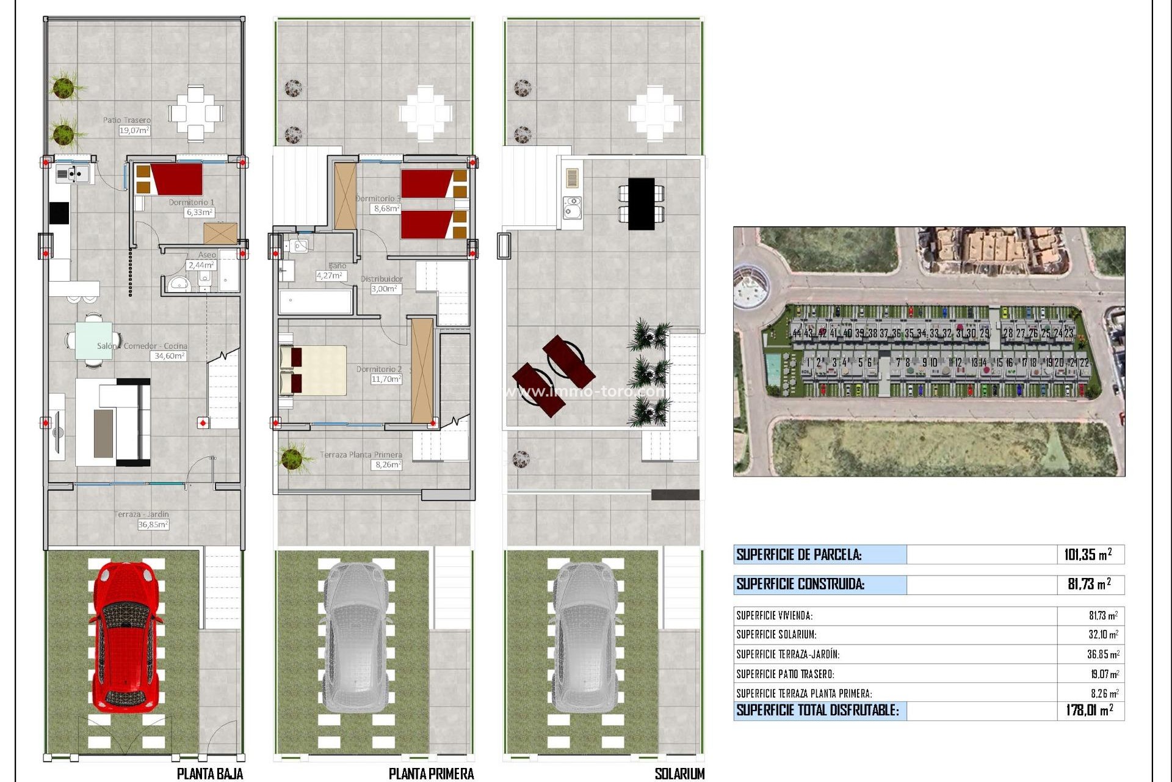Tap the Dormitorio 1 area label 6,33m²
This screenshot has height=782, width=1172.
(x=200, y=213)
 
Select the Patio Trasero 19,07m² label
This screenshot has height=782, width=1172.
(x=134, y=130)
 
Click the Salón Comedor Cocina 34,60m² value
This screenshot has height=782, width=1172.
(x=168, y=356)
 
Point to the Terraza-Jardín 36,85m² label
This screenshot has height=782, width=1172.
(x=153, y=524)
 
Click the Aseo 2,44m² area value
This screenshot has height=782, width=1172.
(x=201, y=265)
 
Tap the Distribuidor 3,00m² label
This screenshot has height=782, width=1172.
(x=386, y=289)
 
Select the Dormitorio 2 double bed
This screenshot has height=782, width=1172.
(x=313, y=370)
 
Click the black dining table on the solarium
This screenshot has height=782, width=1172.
(x=641, y=204)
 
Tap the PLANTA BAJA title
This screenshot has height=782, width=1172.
(x=209, y=774)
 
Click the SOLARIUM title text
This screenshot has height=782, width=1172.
(x=679, y=774)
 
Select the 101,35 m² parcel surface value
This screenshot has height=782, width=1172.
(x=1087, y=555)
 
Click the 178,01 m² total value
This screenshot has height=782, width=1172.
(x=1089, y=710)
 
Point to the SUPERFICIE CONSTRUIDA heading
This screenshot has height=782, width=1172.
(x=800, y=584)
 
